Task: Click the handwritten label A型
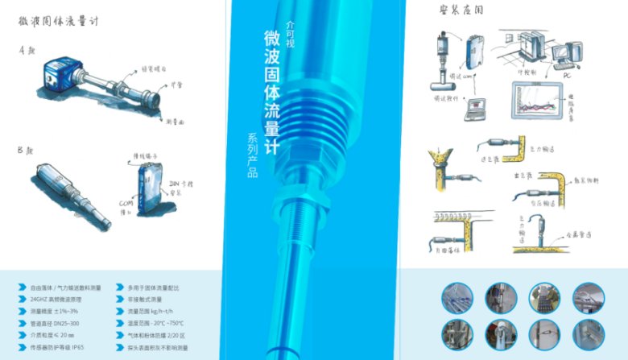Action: point(27,50)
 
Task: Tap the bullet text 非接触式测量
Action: point(148,298)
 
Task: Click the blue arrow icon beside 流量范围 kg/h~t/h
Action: point(120,311)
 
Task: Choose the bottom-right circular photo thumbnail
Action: point(588,334)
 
